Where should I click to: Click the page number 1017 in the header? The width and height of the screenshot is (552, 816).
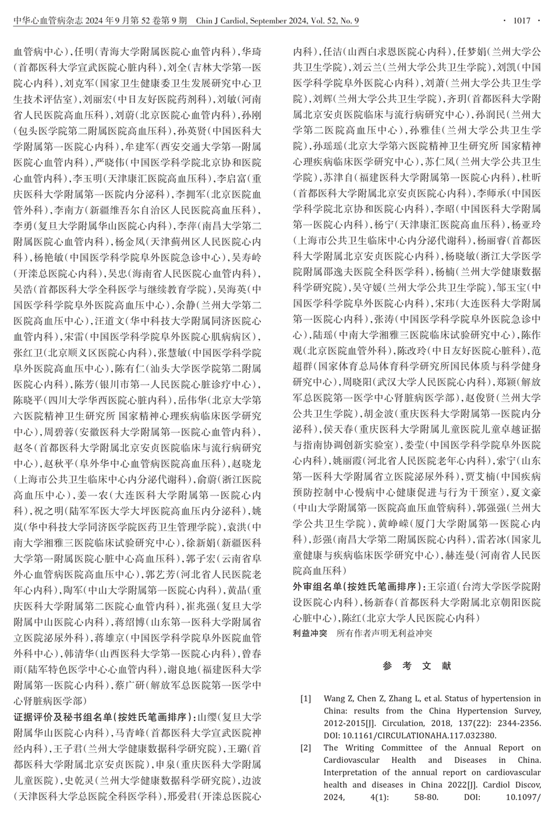tap(522, 22)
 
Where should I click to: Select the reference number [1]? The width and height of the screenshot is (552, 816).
tap(306, 698)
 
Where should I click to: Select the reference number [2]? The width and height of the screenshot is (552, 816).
tap(306, 748)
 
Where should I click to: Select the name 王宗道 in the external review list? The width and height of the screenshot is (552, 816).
tap(444, 586)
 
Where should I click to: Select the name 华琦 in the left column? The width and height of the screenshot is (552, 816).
tap(252, 52)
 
